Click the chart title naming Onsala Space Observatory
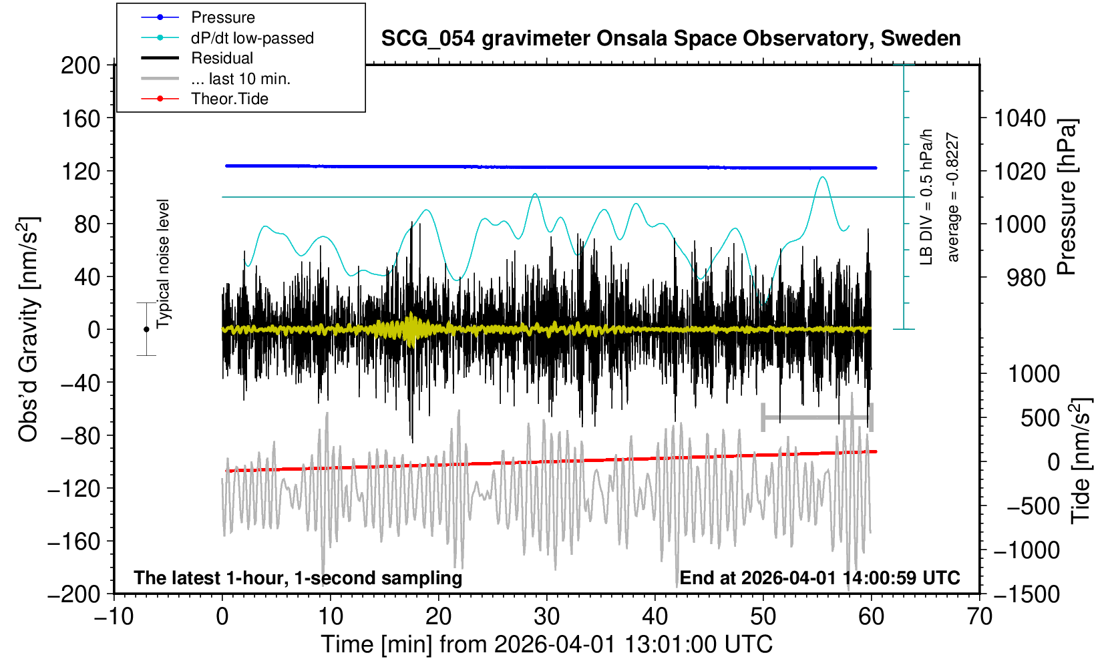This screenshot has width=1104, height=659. [671, 39]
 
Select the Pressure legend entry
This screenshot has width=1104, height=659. [222, 17]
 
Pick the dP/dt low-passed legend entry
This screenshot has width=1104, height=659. [252, 38]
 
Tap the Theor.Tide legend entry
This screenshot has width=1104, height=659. [229, 99]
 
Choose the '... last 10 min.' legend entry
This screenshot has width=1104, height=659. [240, 79]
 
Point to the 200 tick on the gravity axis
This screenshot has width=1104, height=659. [80, 65]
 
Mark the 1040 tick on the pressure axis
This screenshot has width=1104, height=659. [1020, 119]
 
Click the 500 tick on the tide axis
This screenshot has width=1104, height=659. [1040, 418]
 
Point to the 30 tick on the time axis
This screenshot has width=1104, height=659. [547, 616]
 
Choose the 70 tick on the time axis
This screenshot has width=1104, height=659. [979, 616]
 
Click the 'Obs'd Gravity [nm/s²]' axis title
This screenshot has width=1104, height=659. [28, 329]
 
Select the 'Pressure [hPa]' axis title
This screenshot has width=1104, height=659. [1067, 197]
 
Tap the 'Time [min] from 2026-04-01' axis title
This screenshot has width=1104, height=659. [546, 644]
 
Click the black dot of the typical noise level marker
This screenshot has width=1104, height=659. [146, 329]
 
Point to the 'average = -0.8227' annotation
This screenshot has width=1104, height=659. [953, 197]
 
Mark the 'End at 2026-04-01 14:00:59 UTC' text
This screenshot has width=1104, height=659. [819, 578]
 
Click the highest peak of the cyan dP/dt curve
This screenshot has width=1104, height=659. [822, 177]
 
